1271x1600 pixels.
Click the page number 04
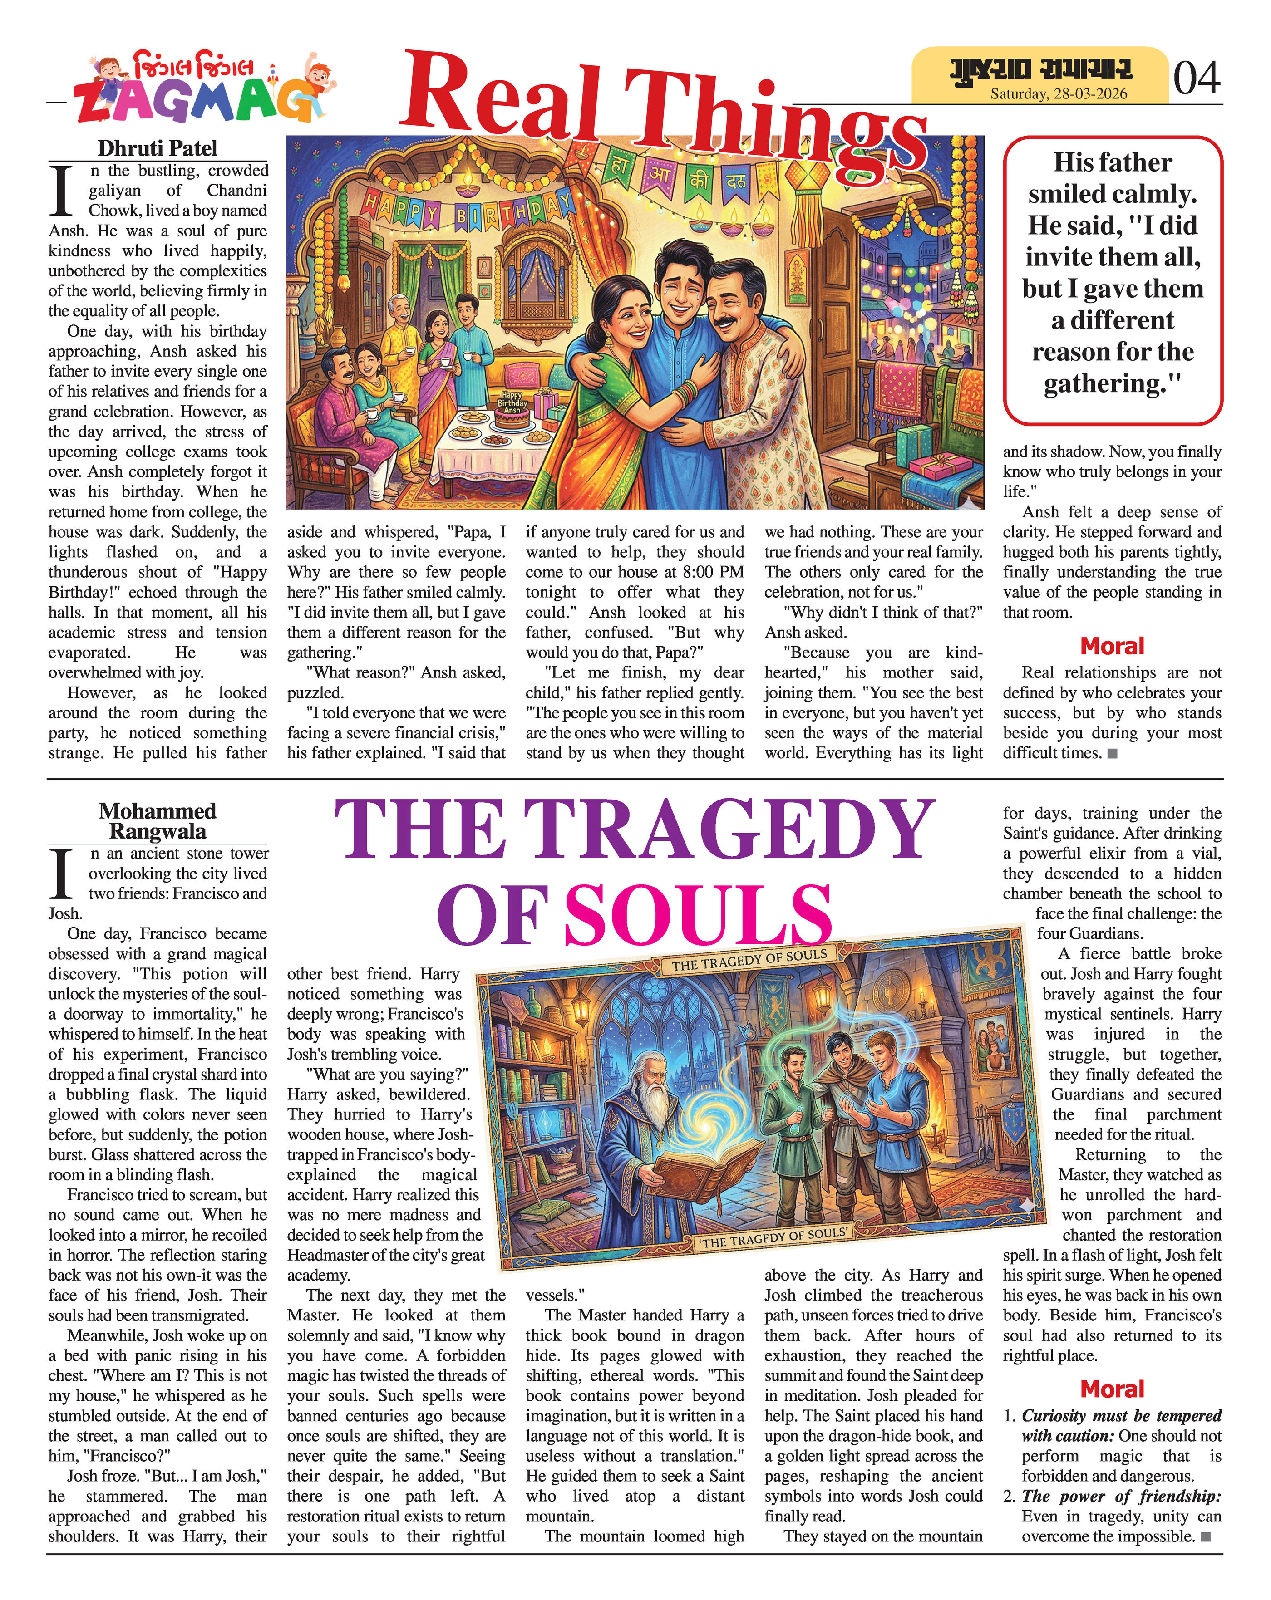(x=1196, y=77)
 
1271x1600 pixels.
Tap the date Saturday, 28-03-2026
(x=1059, y=93)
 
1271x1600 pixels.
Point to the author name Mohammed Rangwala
(x=158, y=821)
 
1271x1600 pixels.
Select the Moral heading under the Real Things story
(x=1112, y=646)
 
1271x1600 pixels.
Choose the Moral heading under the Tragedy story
(x=1112, y=1389)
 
